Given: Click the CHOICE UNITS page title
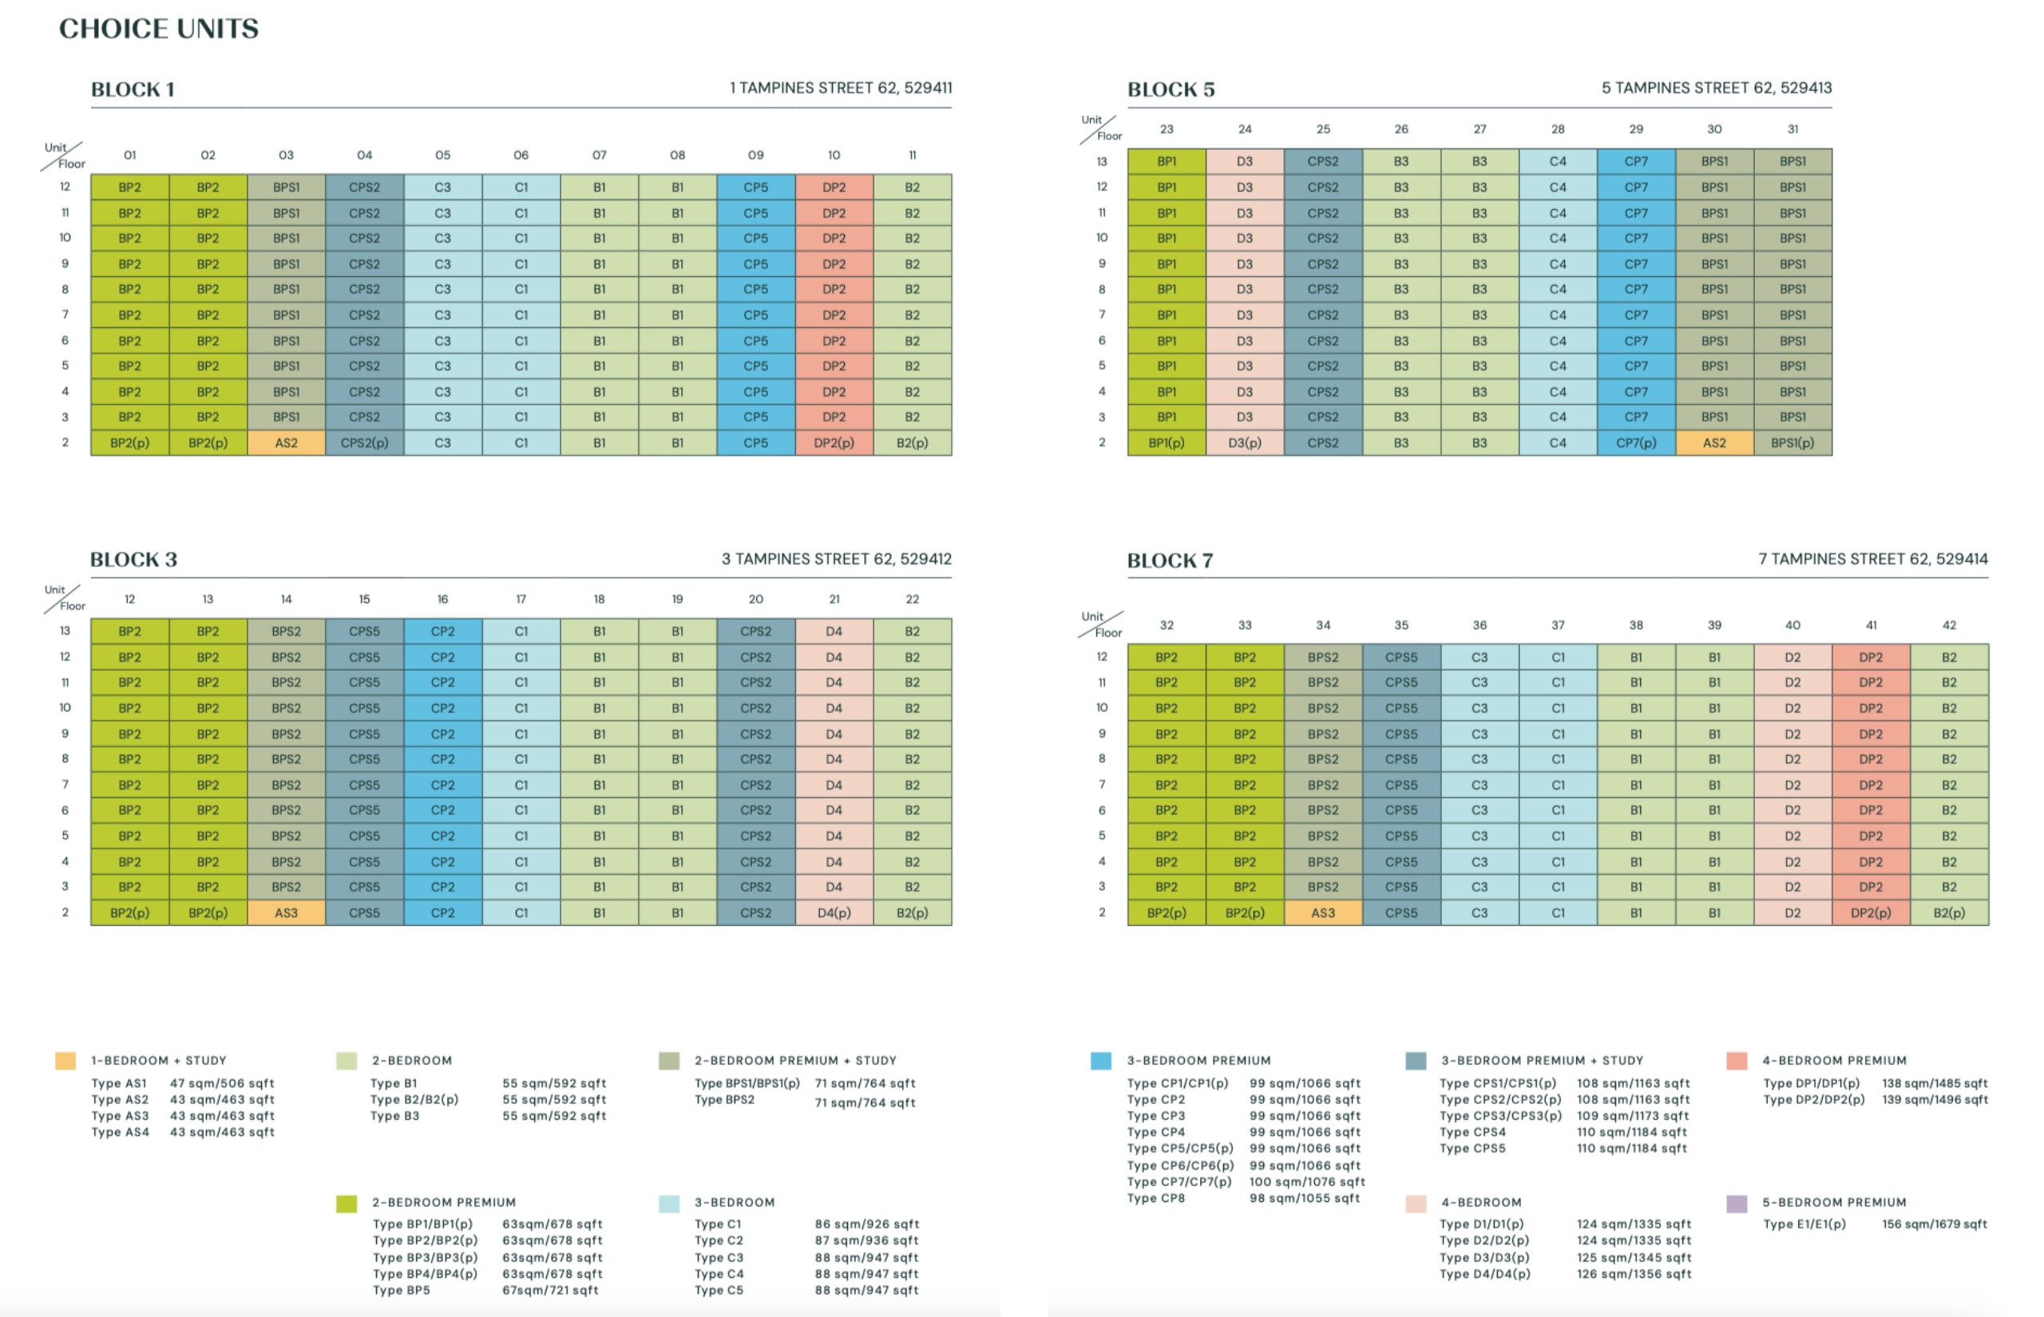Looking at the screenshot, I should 158,28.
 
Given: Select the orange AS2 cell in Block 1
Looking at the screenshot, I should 286,443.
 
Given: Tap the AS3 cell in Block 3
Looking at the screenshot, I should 286,912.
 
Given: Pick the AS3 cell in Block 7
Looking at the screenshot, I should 1322,912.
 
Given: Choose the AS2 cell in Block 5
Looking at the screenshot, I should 1714,443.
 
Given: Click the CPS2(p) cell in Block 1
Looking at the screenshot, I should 364,443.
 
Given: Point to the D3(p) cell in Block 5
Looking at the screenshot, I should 1244,443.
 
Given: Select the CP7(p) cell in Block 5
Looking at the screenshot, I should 1635,443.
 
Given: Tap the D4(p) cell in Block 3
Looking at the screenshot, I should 834,912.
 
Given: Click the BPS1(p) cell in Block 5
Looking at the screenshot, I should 1792,443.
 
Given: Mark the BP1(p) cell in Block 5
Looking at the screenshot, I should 1167,443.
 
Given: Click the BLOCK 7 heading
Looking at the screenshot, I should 1169,560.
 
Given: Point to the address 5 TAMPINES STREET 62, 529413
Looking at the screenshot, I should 1716,87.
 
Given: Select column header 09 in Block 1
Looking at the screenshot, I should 755,155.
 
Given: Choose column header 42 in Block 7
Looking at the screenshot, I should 1949,625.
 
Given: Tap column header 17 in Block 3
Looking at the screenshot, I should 521,599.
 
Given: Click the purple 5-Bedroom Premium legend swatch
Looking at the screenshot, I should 1736,1204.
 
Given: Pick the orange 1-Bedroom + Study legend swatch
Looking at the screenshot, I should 65,1061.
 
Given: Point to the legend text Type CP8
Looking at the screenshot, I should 1155,1198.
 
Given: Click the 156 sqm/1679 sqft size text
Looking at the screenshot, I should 1934,1224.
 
